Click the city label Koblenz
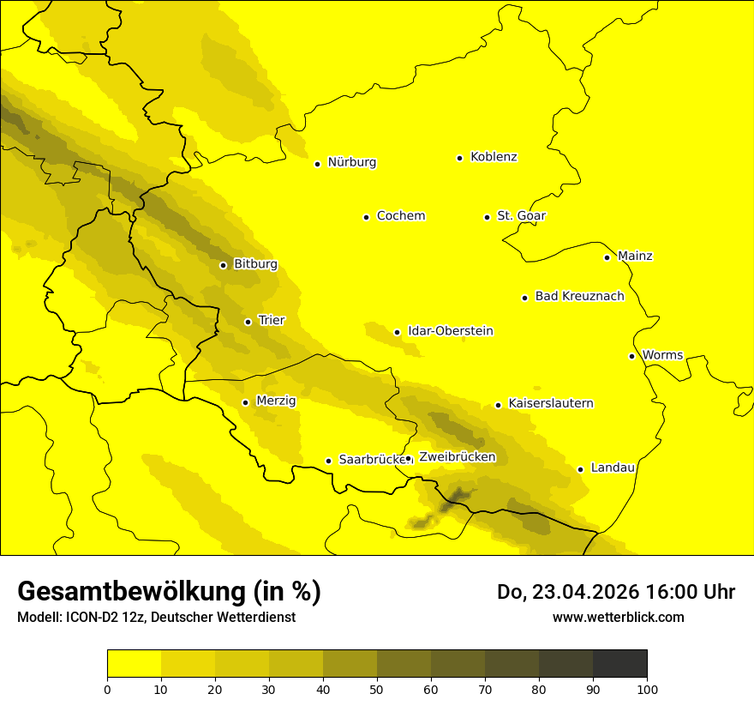[x=494, y=157]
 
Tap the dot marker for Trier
[x=248, y=322]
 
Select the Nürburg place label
[x=351, y=162]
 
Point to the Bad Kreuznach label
[x=579, y=296]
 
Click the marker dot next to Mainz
[x=607, y=257]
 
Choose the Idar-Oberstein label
[x=450, y=331]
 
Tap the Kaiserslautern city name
[x=550, y=403]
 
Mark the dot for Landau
[x=580, y=469]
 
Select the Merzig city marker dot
[x=245, y=402]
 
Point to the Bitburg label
[x=255, y=264]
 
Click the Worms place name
[x=662, y=355]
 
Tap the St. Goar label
[x=521, y=216]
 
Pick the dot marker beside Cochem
[x=366, y=217]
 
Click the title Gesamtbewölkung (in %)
[x=169, y=591]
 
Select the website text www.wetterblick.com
[x=618, y=617]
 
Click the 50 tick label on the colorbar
[x=377, y=688]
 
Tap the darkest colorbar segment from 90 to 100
[x=619, y=664]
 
